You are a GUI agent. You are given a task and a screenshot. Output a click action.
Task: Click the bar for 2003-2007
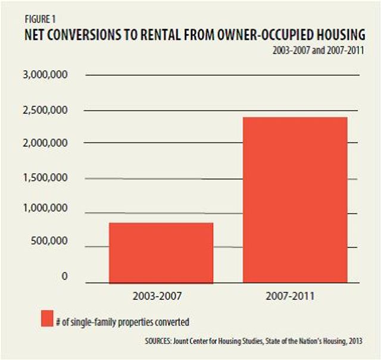point(161,252)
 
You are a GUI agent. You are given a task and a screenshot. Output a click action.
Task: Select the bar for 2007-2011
point(295,199)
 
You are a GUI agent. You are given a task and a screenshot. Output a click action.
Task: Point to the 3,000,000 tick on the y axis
point(45,76)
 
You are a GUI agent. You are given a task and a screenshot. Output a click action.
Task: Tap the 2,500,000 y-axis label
point(45,110)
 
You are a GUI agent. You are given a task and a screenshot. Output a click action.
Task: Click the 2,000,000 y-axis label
point(45,143)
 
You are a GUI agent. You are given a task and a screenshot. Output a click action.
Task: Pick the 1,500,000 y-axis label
point(45,178)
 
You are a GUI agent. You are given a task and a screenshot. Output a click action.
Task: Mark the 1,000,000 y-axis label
point(45,209)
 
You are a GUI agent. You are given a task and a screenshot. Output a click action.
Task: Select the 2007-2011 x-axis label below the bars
point(295,296)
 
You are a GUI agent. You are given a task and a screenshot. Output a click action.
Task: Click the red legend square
point(47,318)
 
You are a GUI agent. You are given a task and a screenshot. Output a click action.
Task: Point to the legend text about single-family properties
point(123,322)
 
